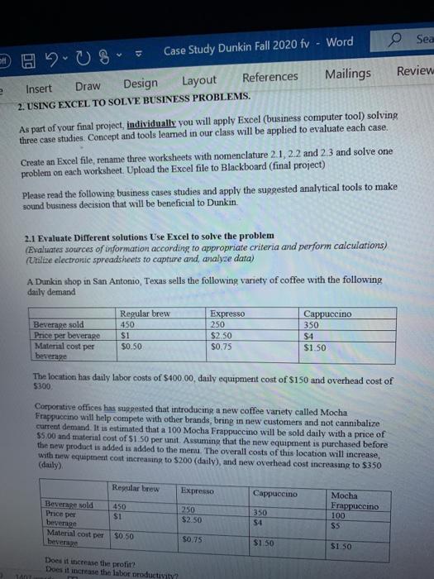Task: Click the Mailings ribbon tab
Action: coord(347,74)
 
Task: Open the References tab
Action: coord(270,77)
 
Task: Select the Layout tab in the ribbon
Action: coord(199,80)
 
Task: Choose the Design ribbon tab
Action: coord(140,83)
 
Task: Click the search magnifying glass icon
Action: coord(395,41)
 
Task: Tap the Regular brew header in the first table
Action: coord(145,314)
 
